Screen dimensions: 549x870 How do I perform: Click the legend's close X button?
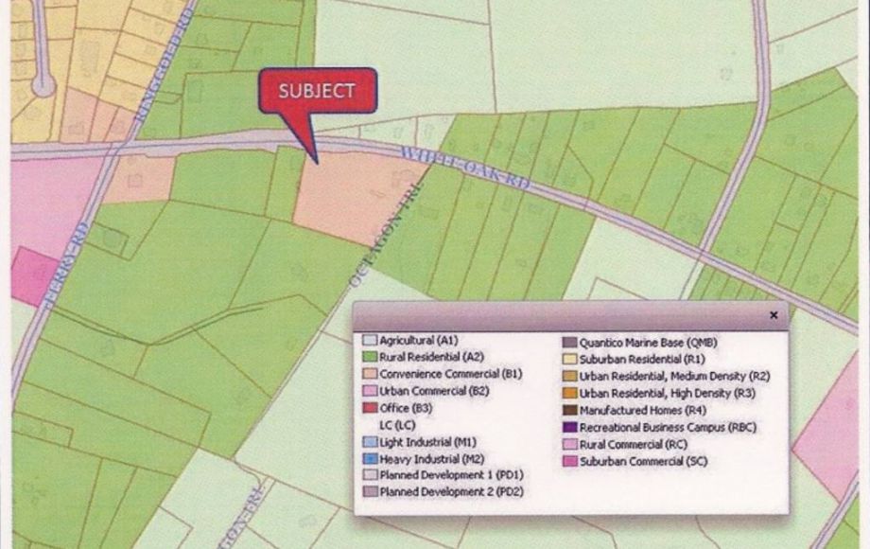[774, 315]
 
